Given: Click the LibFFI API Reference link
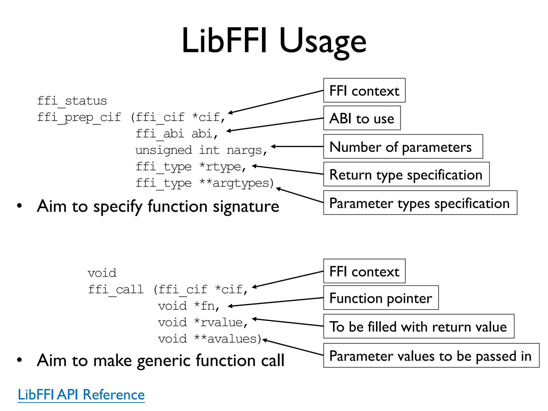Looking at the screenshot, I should click(81, 395).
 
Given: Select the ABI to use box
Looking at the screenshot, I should click(362, 118).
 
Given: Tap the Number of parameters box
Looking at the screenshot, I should click(403, 147).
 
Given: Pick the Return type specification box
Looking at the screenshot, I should click(406, 174).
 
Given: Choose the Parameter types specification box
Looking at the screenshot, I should click(420, 203).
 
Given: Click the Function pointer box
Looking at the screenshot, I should click(381, 298).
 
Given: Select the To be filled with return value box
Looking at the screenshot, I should click(418, 326).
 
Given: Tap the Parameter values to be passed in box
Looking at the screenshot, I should click(431, 356).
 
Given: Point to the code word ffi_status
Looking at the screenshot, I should click(72, 101).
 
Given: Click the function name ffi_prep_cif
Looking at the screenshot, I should click(79, 117).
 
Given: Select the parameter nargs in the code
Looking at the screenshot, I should click(244, 150).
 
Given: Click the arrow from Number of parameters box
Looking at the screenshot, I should click(297, 146).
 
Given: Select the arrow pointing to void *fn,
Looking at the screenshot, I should click(276, 302).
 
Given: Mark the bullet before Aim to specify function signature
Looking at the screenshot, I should click(19, 206).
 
